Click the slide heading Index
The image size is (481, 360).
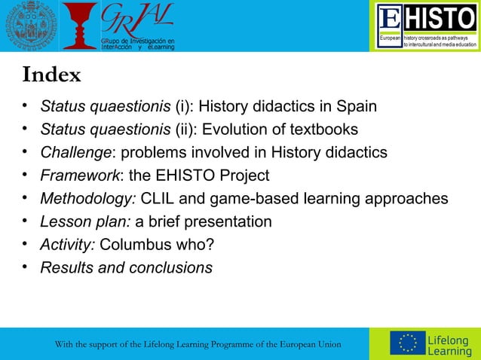(x=51, y=76)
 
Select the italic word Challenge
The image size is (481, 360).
(x=75, y=153)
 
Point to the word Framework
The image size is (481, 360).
(x=78, y=176)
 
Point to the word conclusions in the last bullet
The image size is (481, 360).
(x=167, y=268)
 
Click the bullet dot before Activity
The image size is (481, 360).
(x=26, y=243)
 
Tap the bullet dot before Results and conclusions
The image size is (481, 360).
(x=26, y=267)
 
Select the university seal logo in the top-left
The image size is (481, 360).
(x=26, y=26)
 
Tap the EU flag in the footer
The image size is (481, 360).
(x=407, y=343)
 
